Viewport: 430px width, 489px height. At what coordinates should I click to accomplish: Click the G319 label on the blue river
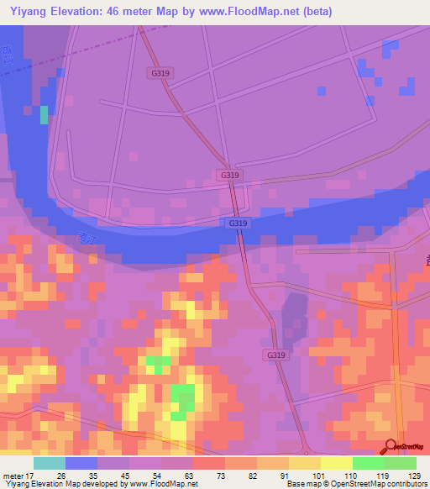point(238,223)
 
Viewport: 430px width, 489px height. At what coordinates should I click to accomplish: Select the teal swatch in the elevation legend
point(50,463)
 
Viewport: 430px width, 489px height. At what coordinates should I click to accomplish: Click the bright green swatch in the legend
point(369,463)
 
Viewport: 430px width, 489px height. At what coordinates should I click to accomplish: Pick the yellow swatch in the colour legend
point(337,463)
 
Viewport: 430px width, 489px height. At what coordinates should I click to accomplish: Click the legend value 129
point(413,475)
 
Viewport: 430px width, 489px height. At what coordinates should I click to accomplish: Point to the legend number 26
point(61,475)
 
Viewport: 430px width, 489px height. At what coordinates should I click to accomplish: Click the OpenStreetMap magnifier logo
point(391,446)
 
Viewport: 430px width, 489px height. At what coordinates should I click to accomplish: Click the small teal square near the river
point(44,114)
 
